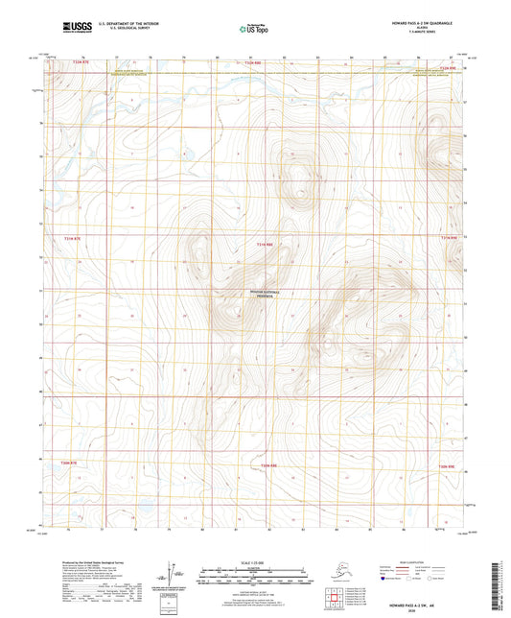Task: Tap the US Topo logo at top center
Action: (x=255, y=28)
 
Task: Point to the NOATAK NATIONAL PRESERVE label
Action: (x=255, y=295)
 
